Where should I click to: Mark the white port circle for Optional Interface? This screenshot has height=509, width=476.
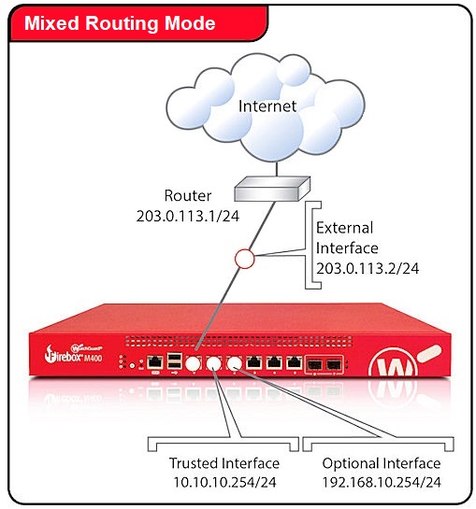[234, 363]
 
